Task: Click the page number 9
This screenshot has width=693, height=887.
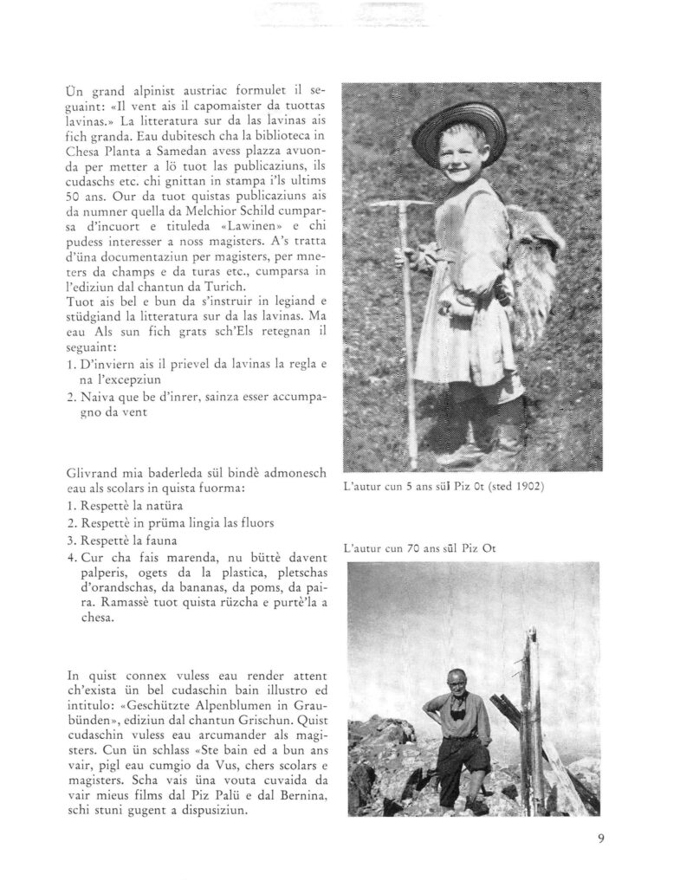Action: [x=599, y=837]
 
